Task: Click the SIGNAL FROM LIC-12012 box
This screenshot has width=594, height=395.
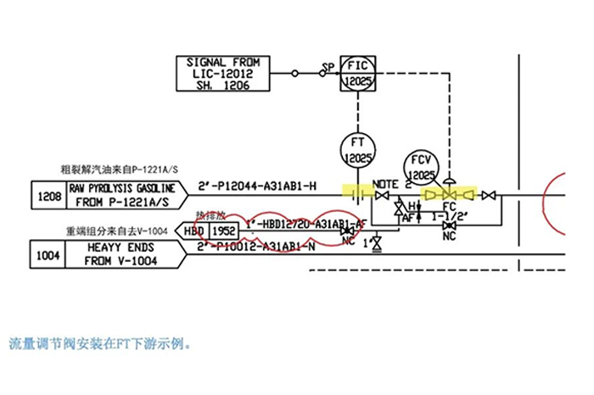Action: pos(222,74)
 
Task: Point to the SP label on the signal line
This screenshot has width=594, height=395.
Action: pos(328,67)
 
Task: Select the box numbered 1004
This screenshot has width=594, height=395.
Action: pos(49,253)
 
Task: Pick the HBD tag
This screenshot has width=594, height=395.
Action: pos(194,230)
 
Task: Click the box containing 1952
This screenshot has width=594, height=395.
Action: pos(224,230)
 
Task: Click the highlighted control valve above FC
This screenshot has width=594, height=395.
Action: pos(449,195)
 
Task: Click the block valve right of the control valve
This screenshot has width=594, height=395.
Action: pos(489,196)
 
